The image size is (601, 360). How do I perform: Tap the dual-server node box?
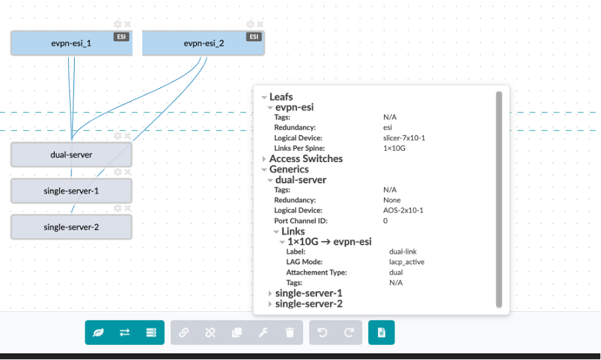tap(71, 155)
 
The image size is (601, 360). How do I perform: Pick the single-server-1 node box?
tap(71, 191)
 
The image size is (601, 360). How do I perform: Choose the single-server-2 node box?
tap(71, 227)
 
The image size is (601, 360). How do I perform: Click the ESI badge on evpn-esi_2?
tap(254, 37)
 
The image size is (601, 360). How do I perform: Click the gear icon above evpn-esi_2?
tap(250, 24)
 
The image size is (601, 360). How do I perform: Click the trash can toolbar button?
tap(290, 333)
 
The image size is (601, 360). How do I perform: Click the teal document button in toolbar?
tap(381, 333)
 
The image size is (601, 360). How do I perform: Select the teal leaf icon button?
tap(98, 333)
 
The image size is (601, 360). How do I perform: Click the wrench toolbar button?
tap(263, 333)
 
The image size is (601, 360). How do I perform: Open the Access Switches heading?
tap(306, 159)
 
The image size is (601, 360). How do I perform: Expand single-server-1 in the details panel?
tap(308, 292)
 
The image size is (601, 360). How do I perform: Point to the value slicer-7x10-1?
tap(404, 138)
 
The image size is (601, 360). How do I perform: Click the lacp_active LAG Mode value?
tap(407, 262)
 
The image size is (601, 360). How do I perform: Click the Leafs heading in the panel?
tap(281, 97)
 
